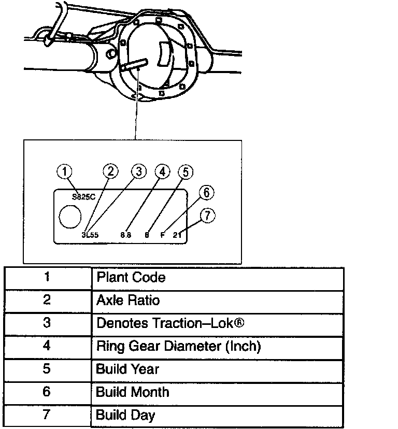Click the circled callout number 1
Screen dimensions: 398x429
pyautogui.click(x=64, y=172)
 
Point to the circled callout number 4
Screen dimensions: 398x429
pyautogui.click(x=162, y=171)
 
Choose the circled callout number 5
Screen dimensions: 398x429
pyautogui.click(x=186, y=171)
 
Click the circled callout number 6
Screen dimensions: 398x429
pyautogui.click(x=206, y=193)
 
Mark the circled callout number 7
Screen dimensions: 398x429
pyautogui.click(x=207, y=216)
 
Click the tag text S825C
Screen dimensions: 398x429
pyautogui.click(x=83, y=196)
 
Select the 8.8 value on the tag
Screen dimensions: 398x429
pyautogui.click(x=125, y=234)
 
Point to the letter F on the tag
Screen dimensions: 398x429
pyautogui.click(x=162, y=234)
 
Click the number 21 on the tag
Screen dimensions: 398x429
pyautogui.click(x=178, y=234)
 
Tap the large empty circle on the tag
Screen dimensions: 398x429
pyautogui.click(x=70, y=216)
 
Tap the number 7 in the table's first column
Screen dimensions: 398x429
pyautogui.click(x=47, y=414)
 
